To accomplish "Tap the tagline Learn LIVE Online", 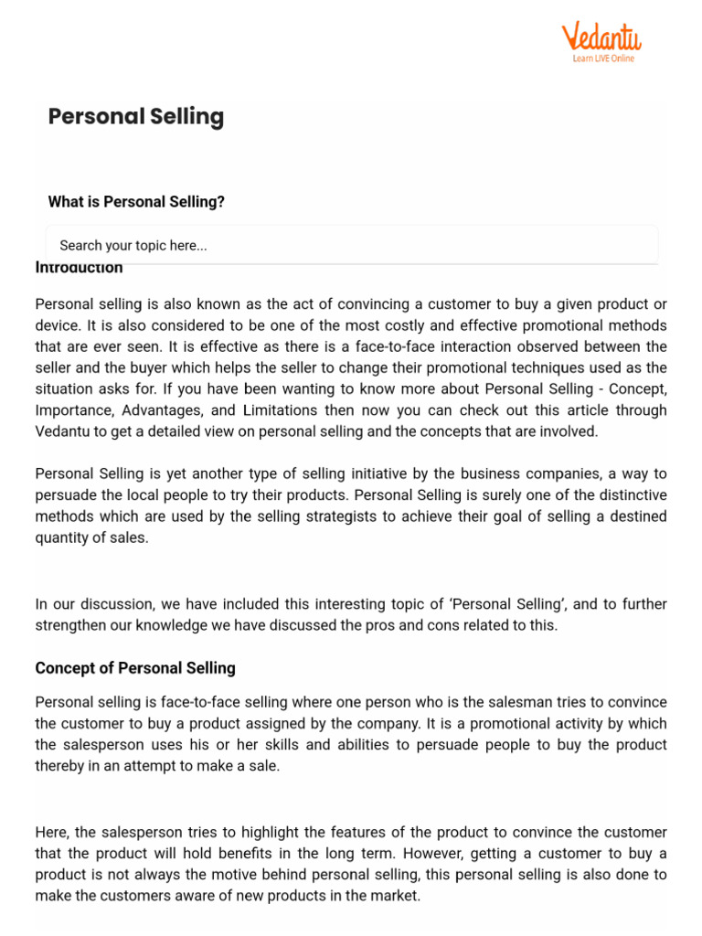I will coord(602,58).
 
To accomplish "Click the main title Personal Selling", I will coord(135,117).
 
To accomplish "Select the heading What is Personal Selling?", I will coord(136,202).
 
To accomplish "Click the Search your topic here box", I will coord(352,245).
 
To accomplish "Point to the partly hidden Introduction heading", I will coord(79,268).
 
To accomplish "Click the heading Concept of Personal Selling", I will coord(135,668).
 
